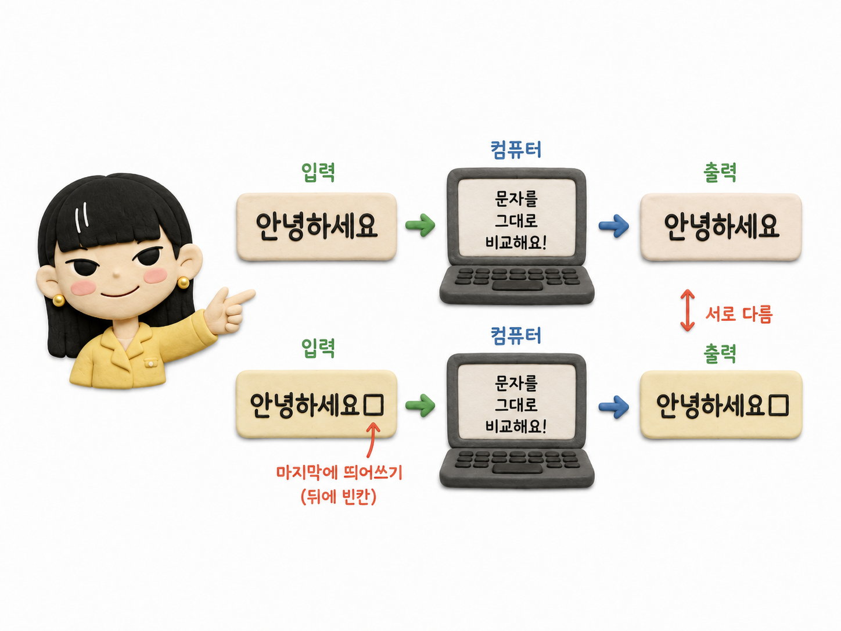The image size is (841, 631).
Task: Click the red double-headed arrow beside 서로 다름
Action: [687, 310]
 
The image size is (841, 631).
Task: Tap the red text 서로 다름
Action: [739, 314]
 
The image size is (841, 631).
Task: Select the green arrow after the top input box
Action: [420, 225]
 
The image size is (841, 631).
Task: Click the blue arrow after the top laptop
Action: [614, 225]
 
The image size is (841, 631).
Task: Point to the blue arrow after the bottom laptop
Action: [614, 407]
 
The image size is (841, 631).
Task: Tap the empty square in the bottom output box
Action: [779, 406]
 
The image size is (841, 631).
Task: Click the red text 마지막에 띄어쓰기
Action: [339, 472]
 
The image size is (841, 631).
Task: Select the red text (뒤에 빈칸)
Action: [339, 497]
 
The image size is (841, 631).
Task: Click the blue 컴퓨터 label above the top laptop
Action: [516, 149]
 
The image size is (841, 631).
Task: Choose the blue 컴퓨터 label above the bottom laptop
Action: [516, 335]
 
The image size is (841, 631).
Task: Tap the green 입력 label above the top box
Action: [318, 172]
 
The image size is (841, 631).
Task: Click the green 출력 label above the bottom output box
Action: [720, 353]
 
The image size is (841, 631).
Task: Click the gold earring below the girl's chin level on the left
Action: [58, 300]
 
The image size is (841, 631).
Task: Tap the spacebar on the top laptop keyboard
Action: [517, 286]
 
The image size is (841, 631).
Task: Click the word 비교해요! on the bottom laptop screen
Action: [516, 426]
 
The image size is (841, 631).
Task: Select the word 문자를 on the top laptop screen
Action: [516, 199]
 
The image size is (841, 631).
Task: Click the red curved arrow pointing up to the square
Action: [371, 439]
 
